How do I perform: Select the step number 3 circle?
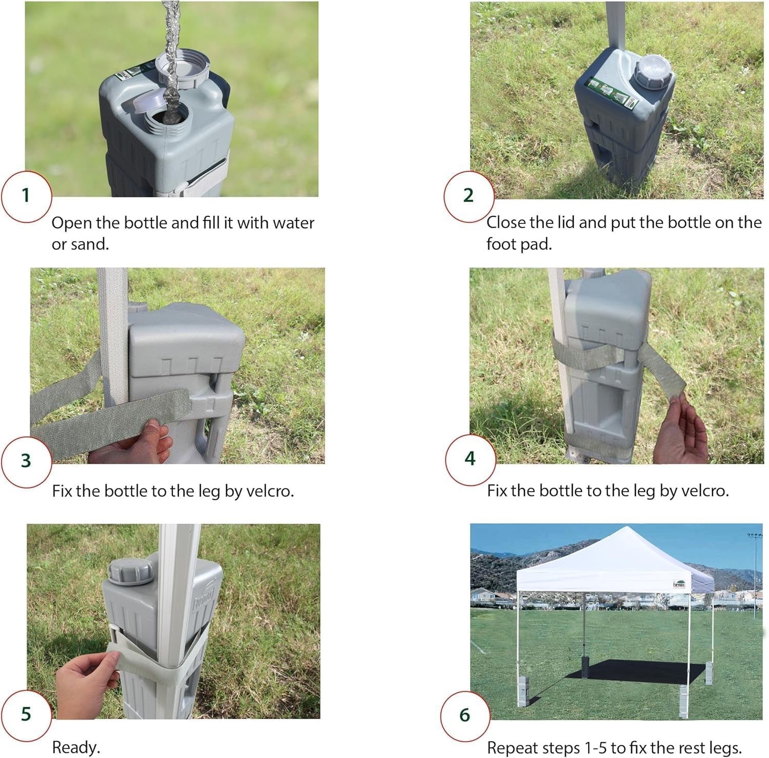tap(26, 461)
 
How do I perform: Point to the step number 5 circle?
tap(26, 713)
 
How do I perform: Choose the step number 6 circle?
tap(466, 715)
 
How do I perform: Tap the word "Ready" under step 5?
tap(74, 748)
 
